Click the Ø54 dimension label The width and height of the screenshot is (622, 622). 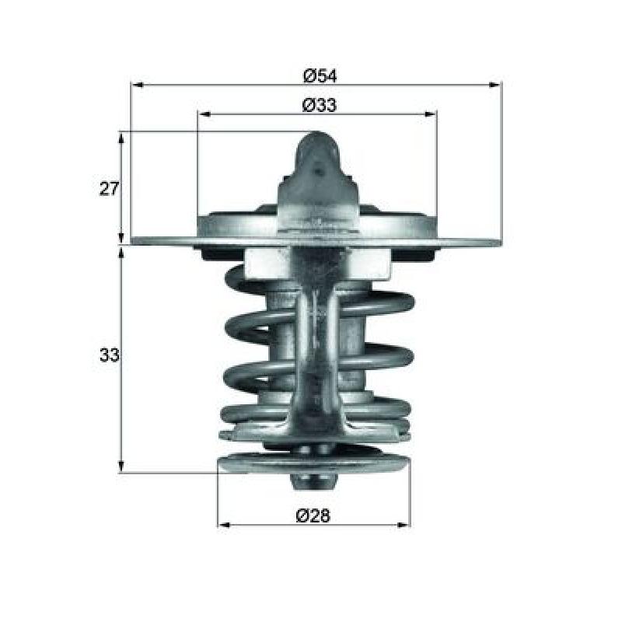click(x=320, y=75)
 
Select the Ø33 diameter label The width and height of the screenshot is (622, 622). click(x=319, y=105)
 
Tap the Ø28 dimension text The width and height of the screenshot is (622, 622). click(x=313, y=515)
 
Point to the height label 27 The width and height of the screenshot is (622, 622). click(x=109, y=188)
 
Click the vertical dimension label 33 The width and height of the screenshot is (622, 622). click(x=109, y=355)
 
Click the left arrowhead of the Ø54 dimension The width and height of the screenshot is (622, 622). click(x=137, y=85)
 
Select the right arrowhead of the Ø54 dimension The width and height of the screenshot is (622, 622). click(x=495, y=85)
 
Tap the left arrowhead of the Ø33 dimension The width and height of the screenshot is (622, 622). click(x=204, y=114)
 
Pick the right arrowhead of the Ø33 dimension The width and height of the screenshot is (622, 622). click(x=431, y=114)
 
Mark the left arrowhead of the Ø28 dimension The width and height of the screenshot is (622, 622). click(x=224, y=526)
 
